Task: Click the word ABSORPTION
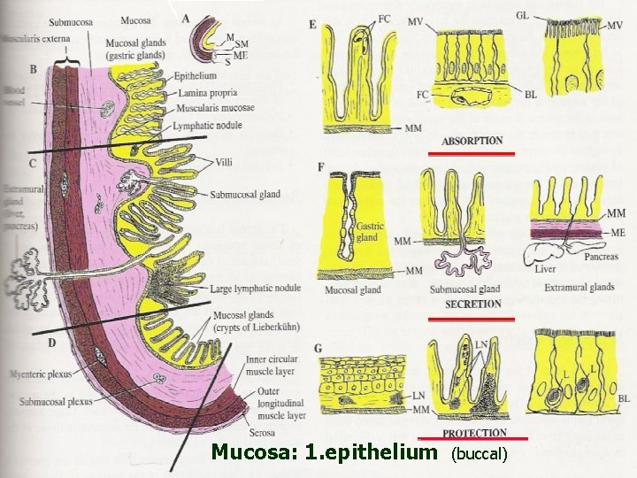(472, 141)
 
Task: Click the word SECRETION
(473, 303)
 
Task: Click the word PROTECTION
(474, 432)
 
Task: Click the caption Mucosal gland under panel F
(352, 289)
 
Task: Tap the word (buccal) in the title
(480, 454)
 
